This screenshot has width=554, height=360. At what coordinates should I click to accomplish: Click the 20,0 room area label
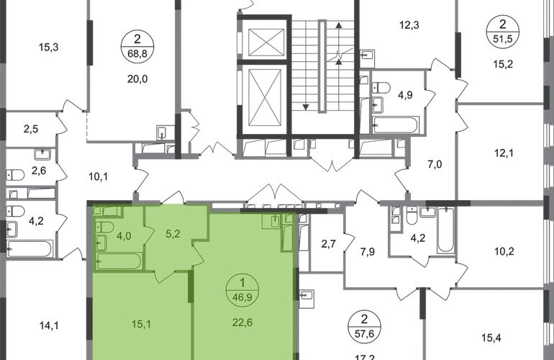coord(137,79)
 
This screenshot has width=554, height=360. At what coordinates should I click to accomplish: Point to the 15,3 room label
coord(48,47)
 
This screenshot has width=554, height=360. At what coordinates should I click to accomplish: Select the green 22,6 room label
coord(242,323)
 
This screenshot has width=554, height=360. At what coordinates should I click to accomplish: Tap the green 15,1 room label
coord(141,324)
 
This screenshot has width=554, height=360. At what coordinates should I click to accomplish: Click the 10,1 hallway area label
coord(98,176)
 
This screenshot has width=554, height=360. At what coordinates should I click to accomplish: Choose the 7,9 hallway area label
coord(368,252)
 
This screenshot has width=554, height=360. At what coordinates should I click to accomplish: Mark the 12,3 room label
coord(409,25)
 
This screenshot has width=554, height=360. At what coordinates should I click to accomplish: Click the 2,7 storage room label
coord(328,244)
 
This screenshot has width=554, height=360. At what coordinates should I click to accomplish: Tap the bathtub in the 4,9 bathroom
coord(396,125)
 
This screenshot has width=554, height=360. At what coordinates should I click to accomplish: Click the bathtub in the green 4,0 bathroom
coord(119,261)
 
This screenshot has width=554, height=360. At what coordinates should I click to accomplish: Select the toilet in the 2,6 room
coord(15,175)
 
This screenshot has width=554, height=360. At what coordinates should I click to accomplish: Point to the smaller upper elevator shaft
coord(266,42)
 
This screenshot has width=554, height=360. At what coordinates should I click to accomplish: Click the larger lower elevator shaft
coord(266,98)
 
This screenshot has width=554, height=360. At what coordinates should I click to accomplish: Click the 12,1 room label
coord(504,153)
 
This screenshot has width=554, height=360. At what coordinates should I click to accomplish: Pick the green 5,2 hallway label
coord(173,234)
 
